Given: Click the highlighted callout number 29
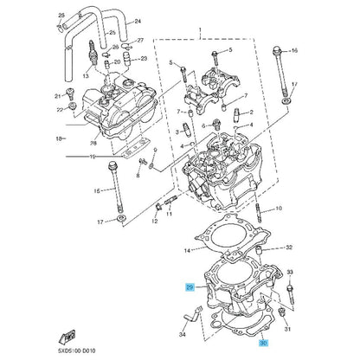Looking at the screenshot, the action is click(x=190, y=287).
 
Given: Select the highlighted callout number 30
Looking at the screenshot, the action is click(x=263, y=344).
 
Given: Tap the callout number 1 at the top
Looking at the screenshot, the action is click(x=200, y=29).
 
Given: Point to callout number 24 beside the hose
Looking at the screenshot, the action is click(x=138, y=22).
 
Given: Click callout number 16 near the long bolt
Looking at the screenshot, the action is click(x=294, y=50).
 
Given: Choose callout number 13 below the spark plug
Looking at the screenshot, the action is click(x=86, y=76).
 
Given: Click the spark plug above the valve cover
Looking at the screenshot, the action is click(x=93, y=53).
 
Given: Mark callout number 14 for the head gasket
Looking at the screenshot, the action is click(x=188, y=251).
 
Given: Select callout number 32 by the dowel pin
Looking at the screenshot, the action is click(x=289, y=247).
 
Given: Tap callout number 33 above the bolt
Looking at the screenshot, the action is click(x=290, y=272).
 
